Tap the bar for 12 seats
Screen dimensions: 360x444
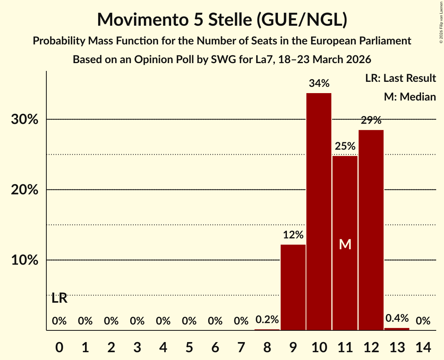click(371, 230)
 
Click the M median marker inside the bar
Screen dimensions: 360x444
click(345, 244)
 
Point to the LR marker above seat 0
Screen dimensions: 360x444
click(59, 298)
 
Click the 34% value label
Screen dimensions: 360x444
click(319, 83)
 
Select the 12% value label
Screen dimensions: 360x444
click(293, 235)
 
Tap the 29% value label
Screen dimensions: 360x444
click(371, 120)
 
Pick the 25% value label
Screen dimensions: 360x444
click(345, 146)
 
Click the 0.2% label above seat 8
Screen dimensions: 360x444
click(267, 320)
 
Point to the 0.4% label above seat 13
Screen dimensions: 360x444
click(397, 318)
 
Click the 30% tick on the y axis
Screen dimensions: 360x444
click(25, 120)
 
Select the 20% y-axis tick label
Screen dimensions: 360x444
click(25, 190)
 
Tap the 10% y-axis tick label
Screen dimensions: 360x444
click(25, 260)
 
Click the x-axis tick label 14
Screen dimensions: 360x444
click(423, 346)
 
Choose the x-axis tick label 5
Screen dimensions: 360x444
click(189, 346)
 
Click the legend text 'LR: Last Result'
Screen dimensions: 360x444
click(400, 78)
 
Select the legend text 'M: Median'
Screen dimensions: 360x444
click(410, 97)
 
